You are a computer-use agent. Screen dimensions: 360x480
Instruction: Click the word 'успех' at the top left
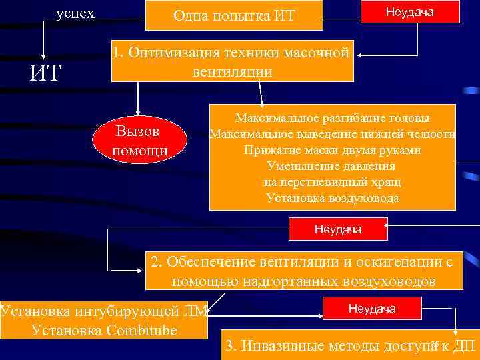[x=75, y=13]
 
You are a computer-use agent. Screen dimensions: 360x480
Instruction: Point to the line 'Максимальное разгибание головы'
[x=332, y=118]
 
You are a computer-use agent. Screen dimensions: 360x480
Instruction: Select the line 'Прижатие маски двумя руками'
[x=332, y=150]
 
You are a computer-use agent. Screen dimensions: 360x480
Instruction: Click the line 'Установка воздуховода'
[x=332, y=198]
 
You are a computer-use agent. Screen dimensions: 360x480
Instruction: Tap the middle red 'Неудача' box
[x=338, y=230]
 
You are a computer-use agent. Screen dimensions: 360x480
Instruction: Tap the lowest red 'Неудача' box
[x=371, y=308]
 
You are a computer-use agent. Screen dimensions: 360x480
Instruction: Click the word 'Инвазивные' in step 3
[x=283, y=346]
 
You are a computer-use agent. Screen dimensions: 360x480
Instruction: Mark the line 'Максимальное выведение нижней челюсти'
[x=332, y=134]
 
